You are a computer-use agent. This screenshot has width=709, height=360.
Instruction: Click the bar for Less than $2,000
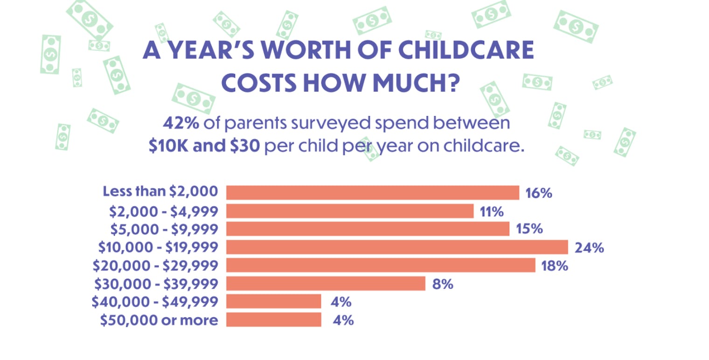point(372,193)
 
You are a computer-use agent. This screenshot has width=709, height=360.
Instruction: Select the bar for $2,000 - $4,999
point(350,211)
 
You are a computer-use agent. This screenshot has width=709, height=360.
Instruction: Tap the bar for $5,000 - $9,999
point(368,229)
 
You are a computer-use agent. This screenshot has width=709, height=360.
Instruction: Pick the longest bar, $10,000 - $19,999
point(397,247)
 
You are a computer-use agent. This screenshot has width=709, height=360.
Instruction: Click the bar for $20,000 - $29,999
point(381,265)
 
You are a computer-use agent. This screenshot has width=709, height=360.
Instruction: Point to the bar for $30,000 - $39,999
point(326,284)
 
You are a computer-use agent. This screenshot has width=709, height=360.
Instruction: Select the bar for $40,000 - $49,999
point(274,302)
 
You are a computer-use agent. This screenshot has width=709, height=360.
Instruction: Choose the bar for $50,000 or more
point(274,320)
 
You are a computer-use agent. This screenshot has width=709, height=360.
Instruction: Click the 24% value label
point(589,248)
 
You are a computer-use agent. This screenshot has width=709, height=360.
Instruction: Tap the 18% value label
point(554,266)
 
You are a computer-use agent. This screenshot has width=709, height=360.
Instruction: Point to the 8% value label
point(443,284)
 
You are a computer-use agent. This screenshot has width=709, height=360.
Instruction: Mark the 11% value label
point(492,212)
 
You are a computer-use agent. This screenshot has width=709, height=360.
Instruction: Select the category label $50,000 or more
point(159,320)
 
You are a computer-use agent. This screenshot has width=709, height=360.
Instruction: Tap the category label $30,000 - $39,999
point(156,284)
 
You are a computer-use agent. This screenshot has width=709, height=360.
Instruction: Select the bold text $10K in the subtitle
point(167,146)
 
